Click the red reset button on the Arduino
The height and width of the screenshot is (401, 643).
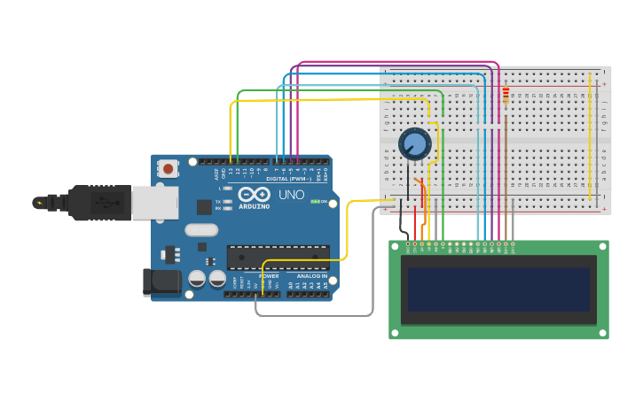[x=168, y=167]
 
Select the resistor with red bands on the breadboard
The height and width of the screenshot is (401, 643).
[x=506, y=96]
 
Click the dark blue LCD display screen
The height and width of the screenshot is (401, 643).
[x=499, y=289]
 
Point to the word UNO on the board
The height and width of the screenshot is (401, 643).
[x=292, y=195]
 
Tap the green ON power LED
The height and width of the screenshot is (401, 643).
[x=315, y=202]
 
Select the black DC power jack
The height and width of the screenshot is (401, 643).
[x=161, y=282]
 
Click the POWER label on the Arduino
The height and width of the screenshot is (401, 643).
[x=256, y=276]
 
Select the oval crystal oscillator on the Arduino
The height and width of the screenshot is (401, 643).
[x=201, y=230]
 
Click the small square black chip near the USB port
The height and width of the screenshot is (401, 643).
[x=204, y=206]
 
